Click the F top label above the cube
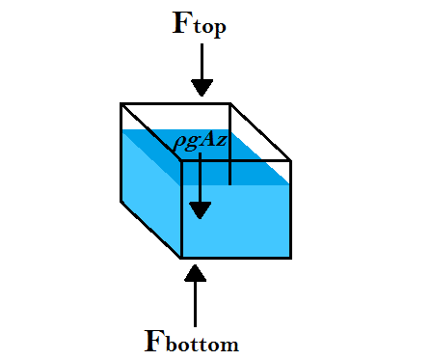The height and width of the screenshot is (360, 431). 200,23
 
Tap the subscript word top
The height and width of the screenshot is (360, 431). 211,28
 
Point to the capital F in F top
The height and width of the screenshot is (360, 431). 180,22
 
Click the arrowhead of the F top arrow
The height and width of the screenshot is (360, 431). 202,88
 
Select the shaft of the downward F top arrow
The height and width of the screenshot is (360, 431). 202,64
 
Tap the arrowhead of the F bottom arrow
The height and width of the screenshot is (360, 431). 196,272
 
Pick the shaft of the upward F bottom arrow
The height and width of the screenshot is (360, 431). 196,303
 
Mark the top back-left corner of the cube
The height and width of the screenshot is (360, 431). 121,103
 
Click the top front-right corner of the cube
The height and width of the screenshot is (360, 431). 290,161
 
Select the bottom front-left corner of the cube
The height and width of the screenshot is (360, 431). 181,258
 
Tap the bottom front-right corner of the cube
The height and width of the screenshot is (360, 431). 290,258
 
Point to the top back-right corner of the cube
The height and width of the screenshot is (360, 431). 229,103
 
